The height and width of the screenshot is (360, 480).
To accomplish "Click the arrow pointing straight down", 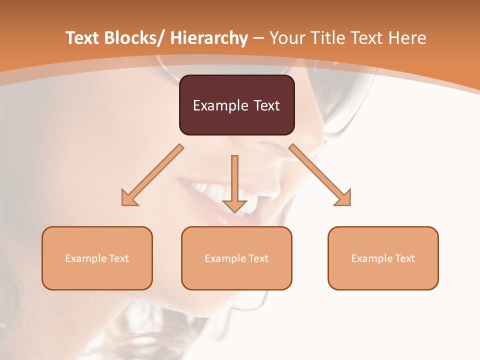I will coord(234,182).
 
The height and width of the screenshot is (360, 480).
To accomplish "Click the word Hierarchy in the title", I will coord(209,38).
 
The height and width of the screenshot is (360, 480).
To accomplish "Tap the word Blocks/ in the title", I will coord(131,38).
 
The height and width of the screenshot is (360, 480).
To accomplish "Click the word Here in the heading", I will coord(407,38).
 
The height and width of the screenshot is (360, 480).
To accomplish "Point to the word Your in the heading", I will coord(287,38).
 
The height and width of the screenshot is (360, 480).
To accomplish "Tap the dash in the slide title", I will coord(259,38).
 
